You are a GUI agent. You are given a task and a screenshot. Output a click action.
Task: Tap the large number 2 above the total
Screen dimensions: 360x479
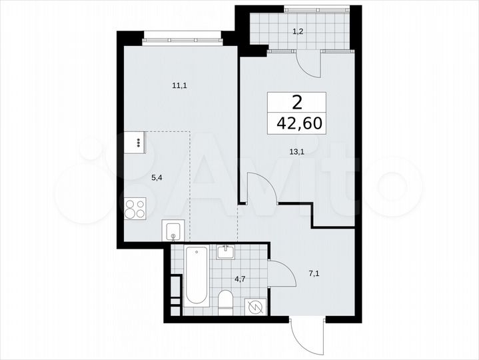point(296,102)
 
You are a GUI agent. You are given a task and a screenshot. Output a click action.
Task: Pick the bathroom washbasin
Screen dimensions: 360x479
point(225,252)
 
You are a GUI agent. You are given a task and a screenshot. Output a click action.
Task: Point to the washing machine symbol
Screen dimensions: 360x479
point(254,305)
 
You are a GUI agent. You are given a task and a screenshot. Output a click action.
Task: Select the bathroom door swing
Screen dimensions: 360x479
point(280,273)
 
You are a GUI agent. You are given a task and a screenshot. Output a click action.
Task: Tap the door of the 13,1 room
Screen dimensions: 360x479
point(260,187)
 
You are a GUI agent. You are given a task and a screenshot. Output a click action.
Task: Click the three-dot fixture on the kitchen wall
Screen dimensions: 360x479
point(139,142)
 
